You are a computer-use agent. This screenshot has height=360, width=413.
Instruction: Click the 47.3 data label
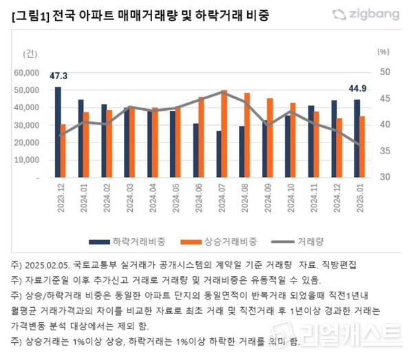pos(59,75)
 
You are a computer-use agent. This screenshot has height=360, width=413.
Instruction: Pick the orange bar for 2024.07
pos(224,134)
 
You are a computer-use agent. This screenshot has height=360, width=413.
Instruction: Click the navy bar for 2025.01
pos(357,138)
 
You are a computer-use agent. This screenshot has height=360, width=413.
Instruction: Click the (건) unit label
pos(32,53)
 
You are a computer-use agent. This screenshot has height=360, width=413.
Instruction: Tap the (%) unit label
pos(384,52)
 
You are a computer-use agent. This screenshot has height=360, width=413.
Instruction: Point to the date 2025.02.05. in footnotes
pos(45,264)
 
